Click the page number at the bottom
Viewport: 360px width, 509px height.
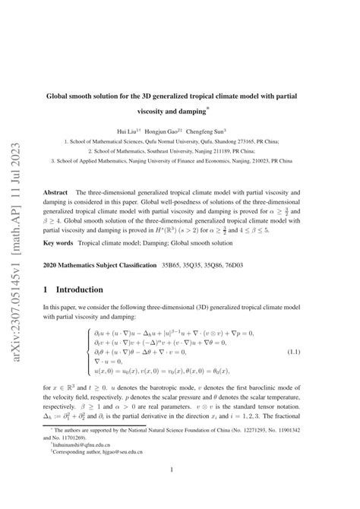[x=180, y=490]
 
